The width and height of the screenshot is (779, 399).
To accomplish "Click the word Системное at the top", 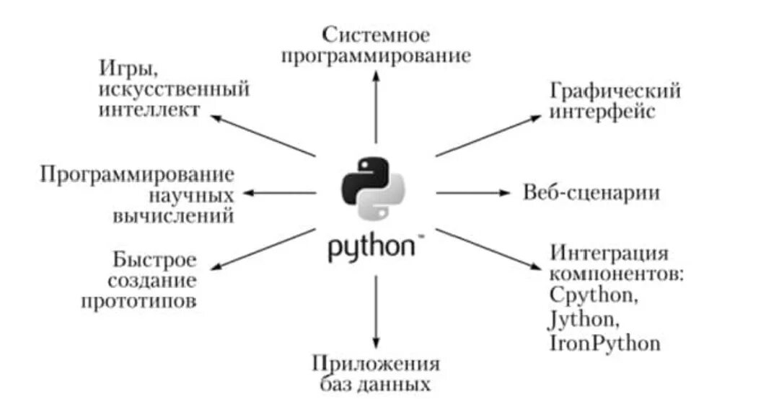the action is click(x=376, y=34).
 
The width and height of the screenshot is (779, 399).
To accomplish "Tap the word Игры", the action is click(x=128, y=70).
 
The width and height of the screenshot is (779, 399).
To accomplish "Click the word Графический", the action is click(x=615, y=91).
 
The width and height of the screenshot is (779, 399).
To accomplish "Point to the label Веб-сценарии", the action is click(x=591, y=193).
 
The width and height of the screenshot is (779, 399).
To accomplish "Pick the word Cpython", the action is click(x=594, y=295).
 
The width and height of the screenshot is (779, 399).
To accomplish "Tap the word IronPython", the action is click(x=604, y=343).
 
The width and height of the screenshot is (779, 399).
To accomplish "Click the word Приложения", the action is click(x=376, y=363).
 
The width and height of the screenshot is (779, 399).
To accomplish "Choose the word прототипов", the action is click(x=138, y=301).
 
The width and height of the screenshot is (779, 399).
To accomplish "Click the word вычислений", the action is click(x=173, y=216).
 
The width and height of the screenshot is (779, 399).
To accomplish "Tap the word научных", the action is click(x=192, y=195).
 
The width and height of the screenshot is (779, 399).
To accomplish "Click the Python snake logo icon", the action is click(x=372, y=187).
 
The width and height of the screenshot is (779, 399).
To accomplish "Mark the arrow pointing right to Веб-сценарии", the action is click(x=472, y=192).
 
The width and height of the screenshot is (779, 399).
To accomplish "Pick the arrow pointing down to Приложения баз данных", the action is click(x=376, y=310).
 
